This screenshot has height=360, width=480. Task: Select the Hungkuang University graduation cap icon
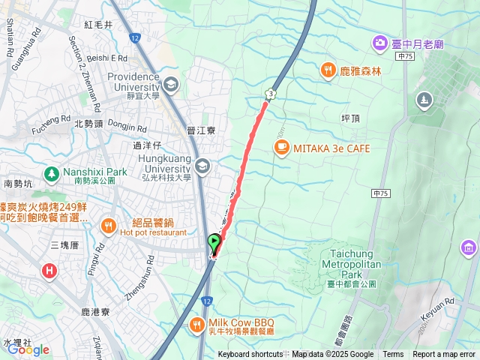(202, 165)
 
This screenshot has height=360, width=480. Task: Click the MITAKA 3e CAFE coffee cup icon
(281, 148)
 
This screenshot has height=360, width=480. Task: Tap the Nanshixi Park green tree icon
(51, 175)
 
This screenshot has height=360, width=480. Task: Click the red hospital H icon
(50, 270)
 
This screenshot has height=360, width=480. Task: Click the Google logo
(28, 349)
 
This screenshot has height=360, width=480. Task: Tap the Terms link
(393, 355)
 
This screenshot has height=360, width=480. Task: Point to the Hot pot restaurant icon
(109, 225)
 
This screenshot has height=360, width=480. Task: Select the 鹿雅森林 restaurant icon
(328, 71)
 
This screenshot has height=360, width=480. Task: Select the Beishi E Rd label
(108, 57)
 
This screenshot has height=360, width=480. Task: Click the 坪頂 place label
(351, 118)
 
